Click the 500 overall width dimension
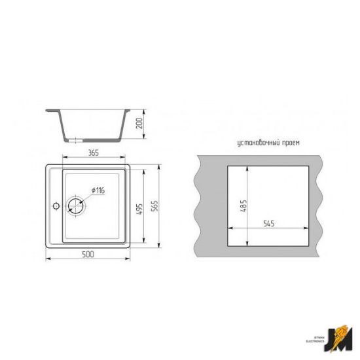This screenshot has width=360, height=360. coord(89,254)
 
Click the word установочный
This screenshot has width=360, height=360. coord(254,142)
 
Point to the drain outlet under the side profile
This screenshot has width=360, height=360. coord(78,139)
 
